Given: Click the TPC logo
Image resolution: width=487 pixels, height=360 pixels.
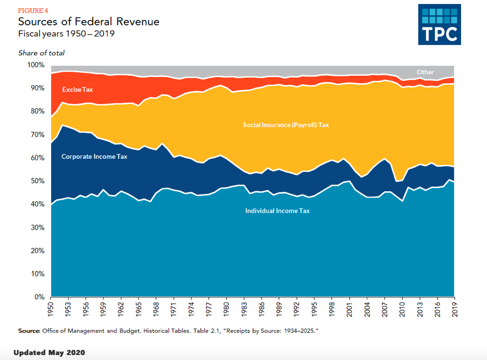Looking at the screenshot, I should click(x=440, y=25).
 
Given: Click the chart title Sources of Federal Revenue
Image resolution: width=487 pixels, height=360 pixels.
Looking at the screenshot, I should click(x=89, y=22).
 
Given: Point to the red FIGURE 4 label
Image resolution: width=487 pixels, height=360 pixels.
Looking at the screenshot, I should click(x=33, y=10).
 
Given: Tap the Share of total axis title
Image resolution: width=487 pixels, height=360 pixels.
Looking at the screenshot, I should click(x=41, y=53).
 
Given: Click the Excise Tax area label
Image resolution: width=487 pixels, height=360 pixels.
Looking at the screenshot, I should click(x=78, y=90).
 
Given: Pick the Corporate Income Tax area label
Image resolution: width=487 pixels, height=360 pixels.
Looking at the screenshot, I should click(x=95, y=156).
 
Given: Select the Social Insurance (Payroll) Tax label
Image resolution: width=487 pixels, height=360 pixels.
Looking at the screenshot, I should click(x=286, y=125).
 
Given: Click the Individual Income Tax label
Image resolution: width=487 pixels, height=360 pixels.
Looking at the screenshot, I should click(x=277, y=211).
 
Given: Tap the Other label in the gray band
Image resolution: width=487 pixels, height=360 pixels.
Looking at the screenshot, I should click(x=425, y=72).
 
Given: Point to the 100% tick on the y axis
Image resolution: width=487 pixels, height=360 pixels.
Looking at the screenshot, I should click(x=36, y=65).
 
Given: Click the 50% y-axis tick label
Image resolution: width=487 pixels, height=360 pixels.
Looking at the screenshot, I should click(x=38, y=181).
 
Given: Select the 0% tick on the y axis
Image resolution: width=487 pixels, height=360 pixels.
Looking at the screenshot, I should click(x=40, y=297).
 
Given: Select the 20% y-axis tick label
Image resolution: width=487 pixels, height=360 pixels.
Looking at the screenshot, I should click(x=38, y=250).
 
